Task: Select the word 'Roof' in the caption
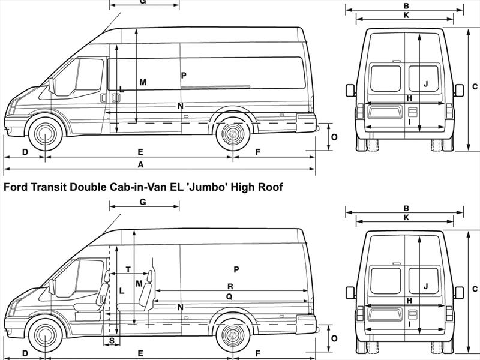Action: pyautogui.click(x=269, y=187)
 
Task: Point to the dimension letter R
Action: pyautogui.click(x=230, y=286)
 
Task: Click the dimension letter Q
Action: pyautogui.click(x=229, y=296)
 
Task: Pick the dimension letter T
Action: pyautogui.click(x=128, y=269)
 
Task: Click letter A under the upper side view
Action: pyautogui.click(x=141, y=164)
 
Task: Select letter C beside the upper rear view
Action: pyautogui.click(x=475, y=86)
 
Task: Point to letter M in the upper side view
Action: pyautogui.click(x=143, y=82)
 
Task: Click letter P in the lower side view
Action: pyautogui.click(x=236, y=269)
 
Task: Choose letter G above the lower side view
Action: pyautogui.click(x=143, y=202)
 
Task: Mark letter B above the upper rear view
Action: pyautogui.click(x=406, y=6)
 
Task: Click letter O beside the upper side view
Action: pyautogui.click(x=334, y=137)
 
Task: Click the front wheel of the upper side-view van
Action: pyautogui.click(x=45, y=134)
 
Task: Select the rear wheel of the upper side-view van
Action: pyautogui.click(x=232, y=134)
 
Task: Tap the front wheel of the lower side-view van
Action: pyautogui.click(x=45, y=336)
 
